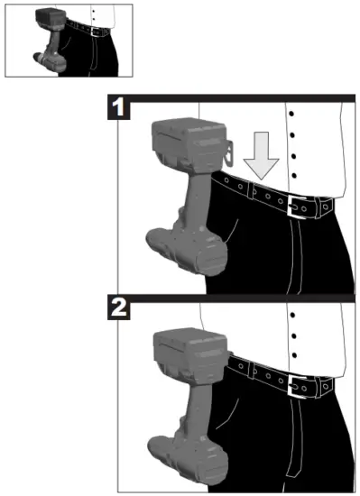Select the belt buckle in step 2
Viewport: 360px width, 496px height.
[x=297, y=385]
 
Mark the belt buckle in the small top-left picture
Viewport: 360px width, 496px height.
[x=91, y=30]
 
